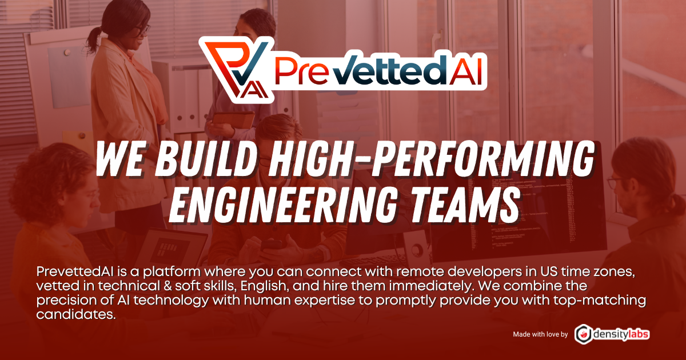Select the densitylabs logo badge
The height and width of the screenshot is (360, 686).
click(612, 334)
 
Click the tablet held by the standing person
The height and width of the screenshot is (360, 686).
click(233, 120)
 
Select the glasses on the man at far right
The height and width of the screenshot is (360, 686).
click(615, 183)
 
